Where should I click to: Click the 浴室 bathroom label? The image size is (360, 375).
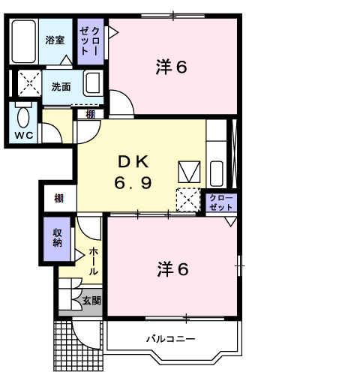pyautogui.click(x=55, y=40)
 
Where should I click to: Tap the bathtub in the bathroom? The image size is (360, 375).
pyautogui.click(x=24, y=41)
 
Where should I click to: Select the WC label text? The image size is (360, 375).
pyautogui.click(x=24, y=135)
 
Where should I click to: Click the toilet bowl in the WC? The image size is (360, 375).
pyautogui.click(x=23, y=117)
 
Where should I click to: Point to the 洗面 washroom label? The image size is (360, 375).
pyautogui.click(x=61, y=87)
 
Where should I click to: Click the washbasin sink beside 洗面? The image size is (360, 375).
pyautogui.click(x=93, y=83)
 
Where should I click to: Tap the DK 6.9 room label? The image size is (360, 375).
pyautogui.click(x=133, y=172)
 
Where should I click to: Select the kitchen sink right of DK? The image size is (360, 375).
pyautogui.click(x=217, y=173)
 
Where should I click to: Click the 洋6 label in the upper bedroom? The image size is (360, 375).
pyautogui.click(x=171, y=67)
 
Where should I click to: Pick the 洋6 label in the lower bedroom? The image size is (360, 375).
pyautogui.click(x=172, y=269)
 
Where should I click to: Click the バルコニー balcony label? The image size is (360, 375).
pyautogui.click(x=170, y=339)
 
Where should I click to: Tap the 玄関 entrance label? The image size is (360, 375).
pyautogui.click(x=91, y=301)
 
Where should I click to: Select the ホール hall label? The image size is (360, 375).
pyautogui.click(x=94, y=261)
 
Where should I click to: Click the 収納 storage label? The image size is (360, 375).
pyautogui.click(x=57, y=238)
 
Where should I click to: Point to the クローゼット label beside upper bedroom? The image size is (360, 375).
pyautogui.click(x=90, y=41)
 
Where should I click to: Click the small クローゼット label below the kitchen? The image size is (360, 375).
pyautogui.click(x=221, y=202)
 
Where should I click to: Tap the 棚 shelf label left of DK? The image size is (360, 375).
pyautogui.click(x=59, y=199)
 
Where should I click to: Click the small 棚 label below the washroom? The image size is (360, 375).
pyautogui.click(x=90, y=115)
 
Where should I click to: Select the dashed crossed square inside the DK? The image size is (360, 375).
pyautogui.click(x=188, y=200)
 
